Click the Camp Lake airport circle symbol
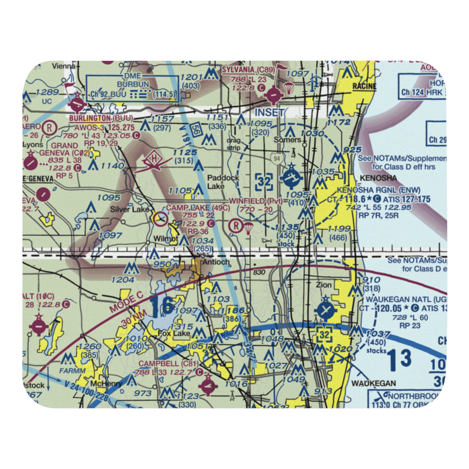(160, 218)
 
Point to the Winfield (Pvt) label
(256, 201)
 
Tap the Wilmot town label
(165, 238)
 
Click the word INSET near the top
(269, 113)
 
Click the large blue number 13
(400, 359)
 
